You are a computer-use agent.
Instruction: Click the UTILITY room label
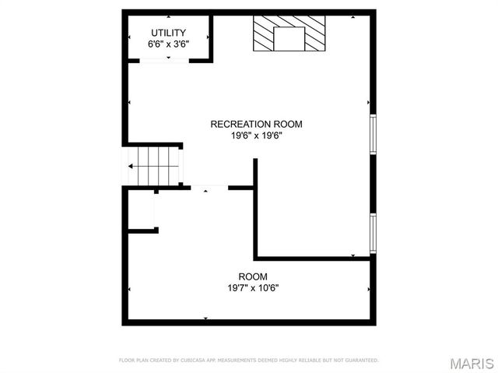click(x=168, y=33)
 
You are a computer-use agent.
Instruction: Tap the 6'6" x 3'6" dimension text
click(x=168, y=44)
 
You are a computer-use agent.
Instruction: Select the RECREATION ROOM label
click(x=256, y=124)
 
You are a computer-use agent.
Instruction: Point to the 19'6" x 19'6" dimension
click(x=256, y=135)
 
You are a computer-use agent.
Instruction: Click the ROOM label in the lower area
click(x=253, y=276)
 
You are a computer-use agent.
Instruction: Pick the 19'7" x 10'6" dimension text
click(x=253, y=288)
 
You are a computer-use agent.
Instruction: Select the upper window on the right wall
click(x=373, y=134)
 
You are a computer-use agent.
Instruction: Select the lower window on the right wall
click(x=373, y=233)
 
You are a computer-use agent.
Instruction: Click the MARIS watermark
click(x=471, y=363)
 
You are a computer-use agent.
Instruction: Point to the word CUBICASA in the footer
click(x=200, y=361)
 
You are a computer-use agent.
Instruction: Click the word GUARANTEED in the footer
click(x=363, y=361)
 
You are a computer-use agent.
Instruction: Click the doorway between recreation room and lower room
click(x=205, y=187)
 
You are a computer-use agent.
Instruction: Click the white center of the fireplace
click(x=291, y=38)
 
